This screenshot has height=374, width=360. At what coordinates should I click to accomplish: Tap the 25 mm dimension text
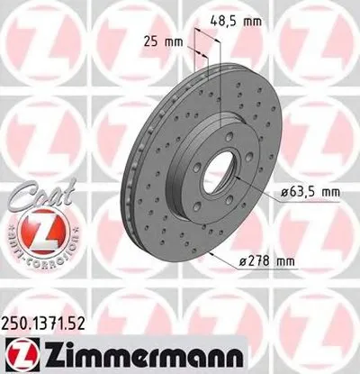159,41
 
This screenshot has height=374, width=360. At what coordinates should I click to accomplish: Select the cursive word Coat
34,193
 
